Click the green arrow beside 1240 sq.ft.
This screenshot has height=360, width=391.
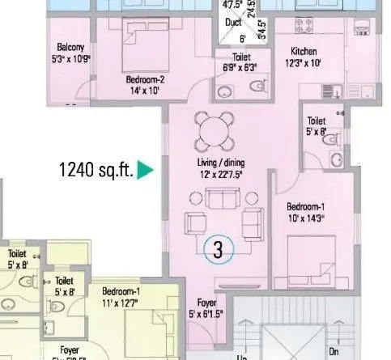(146, 171)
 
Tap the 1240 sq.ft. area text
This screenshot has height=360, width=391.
(96, 171)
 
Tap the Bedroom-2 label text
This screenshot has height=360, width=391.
(145, 80)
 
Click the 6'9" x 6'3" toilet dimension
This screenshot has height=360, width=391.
(239, 68)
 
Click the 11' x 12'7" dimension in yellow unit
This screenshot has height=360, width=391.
(125, 302)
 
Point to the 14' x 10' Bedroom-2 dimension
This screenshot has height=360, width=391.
(145, 91)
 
